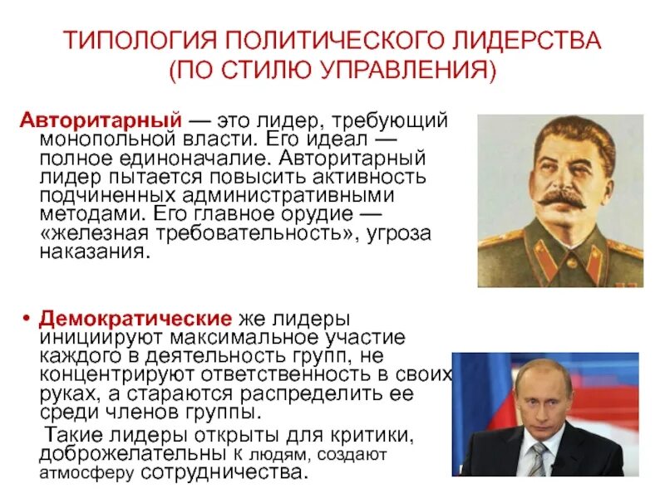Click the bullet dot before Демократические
[x=27, y=320]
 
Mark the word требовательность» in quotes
[x=263, y=233]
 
